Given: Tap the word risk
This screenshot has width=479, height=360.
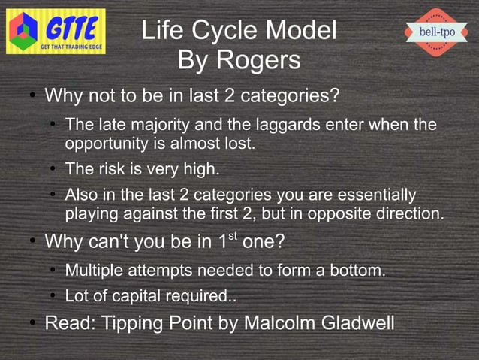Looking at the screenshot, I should point(113,169).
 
